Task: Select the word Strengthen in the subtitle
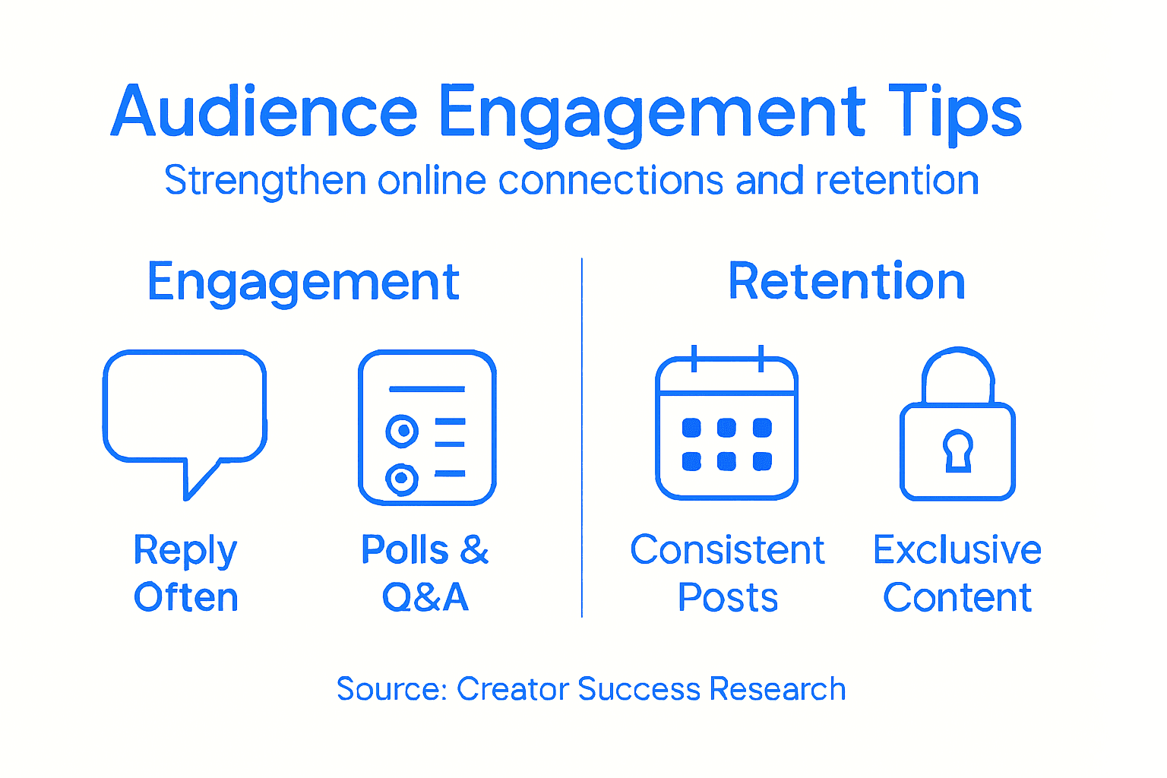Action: coord(265,181)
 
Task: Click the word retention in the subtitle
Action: coord(897,181)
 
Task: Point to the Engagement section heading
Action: coord(303,282)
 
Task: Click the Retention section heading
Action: coord(846,282)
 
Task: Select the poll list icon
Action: coord(427,427)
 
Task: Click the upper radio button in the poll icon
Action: coord(402,431)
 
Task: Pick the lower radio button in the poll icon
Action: coord(402,479)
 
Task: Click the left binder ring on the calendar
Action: coord(694,358)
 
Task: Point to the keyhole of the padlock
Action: coord(957,450)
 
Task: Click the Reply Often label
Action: coord(185,573)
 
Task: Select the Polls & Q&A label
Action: coord(425,573)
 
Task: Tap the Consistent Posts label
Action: coord(727,573)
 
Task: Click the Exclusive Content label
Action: coord(957,573)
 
